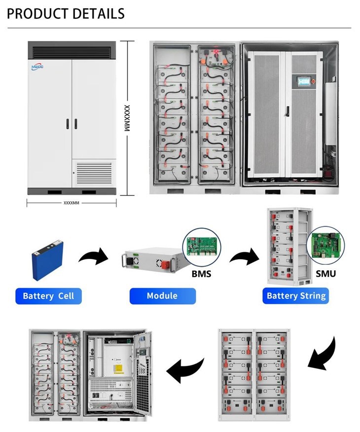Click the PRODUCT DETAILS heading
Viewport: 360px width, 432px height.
click(x=66, y=13)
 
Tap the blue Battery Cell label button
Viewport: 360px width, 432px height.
click(x=48, y=296)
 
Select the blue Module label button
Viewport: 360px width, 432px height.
click(x=162, y=296)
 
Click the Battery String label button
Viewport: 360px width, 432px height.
click(x=296, y=296)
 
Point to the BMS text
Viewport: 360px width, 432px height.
click(x=202, y=273)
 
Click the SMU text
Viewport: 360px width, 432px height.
click(x=325, y=273)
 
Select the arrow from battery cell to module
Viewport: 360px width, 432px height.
click(x=93, y=257)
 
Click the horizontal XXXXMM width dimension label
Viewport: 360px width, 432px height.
click(x=72, y=203)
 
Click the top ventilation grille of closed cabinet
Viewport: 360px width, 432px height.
click(x=73, y=51)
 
